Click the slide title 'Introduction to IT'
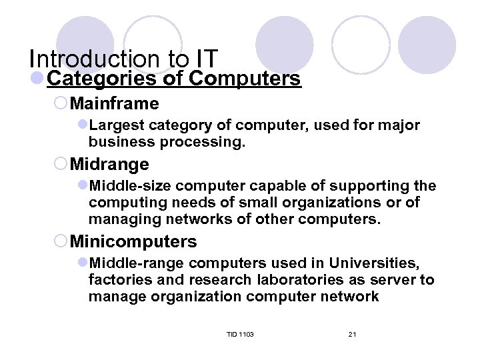point(123,59)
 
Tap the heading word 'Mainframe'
point(114,104)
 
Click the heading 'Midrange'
point(109,163)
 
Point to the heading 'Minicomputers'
point(133,241)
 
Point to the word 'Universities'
point(381,263)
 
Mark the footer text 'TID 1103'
point(240,333)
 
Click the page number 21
point(352,333)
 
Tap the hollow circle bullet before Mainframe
point(61,104)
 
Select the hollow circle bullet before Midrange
point(61,163)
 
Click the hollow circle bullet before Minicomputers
point(61,241)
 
